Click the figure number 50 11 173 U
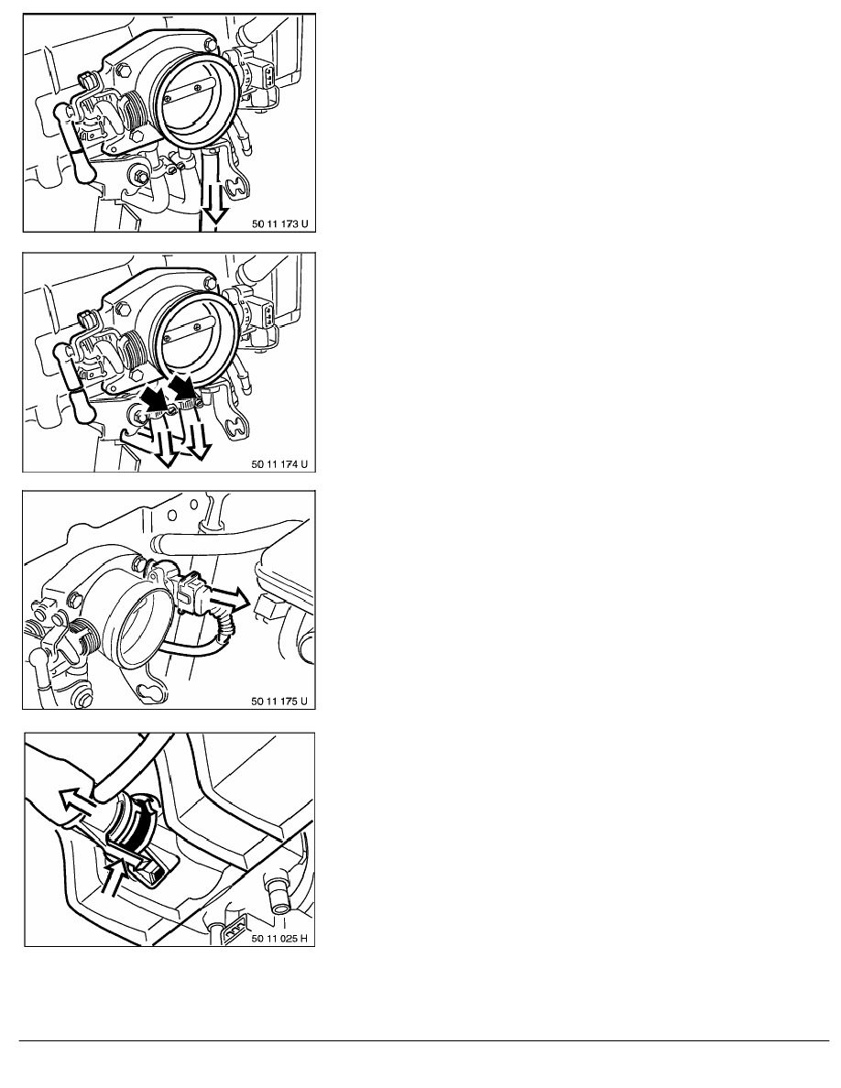tap(279, 224)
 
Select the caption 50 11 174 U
tap(279, 463)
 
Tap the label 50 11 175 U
tap(279, 701)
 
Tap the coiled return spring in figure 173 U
tap(136, 111)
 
